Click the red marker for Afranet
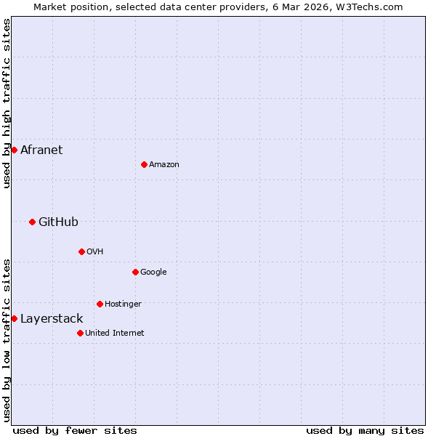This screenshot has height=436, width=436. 14,150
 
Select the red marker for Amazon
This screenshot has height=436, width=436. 144,164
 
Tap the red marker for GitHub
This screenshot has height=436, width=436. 32,222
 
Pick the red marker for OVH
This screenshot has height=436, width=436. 81,251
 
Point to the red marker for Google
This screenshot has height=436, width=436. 135,272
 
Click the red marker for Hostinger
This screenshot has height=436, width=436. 100,304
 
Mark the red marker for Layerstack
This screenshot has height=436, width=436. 14,318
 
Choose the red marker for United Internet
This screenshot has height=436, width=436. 80,333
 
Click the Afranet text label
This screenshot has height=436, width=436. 41,150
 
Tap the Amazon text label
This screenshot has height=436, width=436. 164,165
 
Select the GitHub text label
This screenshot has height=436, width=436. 58,222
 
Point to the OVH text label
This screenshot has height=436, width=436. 94,252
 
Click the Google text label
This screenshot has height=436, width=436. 153,272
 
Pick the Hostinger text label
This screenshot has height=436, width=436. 123,304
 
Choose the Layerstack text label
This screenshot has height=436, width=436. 52,319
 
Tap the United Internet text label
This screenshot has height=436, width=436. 114,334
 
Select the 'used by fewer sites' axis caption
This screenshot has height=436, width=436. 75,430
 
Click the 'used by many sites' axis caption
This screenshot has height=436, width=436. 365,430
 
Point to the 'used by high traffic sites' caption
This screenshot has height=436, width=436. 7,103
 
